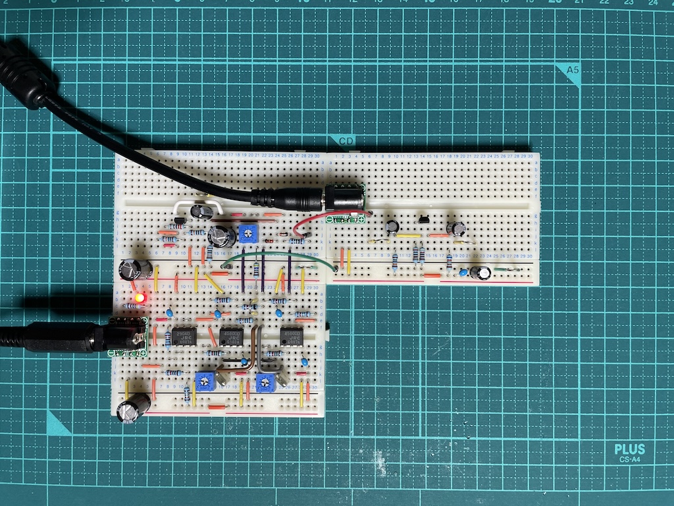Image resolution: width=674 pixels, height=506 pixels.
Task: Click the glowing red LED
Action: pos(139,298)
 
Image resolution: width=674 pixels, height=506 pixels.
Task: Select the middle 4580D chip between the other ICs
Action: pos(232,336)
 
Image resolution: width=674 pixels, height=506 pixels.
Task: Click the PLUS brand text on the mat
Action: pos(629,450)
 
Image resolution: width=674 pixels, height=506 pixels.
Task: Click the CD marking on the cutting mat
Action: pos(346,140)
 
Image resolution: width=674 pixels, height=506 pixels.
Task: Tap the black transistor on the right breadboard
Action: pos(425,219)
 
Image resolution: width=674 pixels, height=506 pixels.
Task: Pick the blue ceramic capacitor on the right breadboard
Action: pos(464,271)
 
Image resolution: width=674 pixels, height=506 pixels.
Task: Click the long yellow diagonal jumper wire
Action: pos(213,283)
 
